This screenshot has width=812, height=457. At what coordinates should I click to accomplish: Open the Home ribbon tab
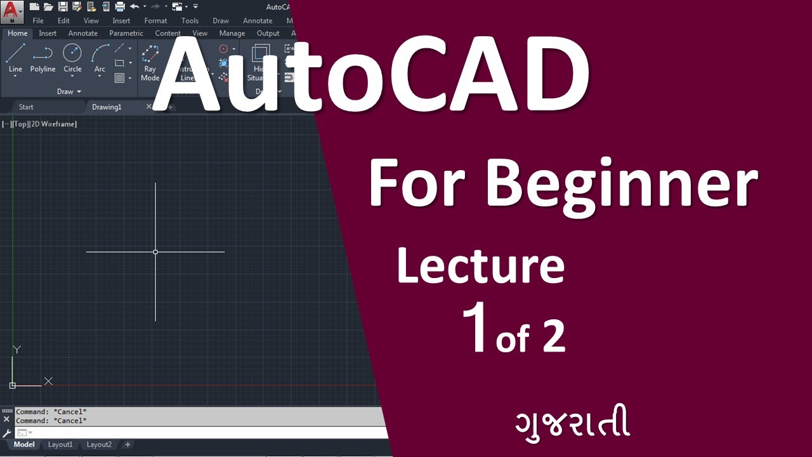tap(17, 33)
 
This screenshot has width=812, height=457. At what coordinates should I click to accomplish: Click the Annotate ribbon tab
tap(83, 33)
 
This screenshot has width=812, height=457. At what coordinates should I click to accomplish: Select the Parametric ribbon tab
tap(126, 33)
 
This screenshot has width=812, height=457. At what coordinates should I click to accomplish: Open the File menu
tap(38, 20)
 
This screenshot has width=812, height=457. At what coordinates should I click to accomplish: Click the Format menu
tap(155, 20)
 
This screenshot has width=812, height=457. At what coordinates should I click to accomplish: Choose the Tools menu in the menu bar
tap(190, 20)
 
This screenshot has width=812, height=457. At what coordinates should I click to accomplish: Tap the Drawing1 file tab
tap(107, 107)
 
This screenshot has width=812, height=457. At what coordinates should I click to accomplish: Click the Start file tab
tap(26, 107)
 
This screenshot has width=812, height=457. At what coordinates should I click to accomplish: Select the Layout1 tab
tap(60, 444)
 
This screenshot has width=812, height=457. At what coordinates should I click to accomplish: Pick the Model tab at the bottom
tap(24, 444)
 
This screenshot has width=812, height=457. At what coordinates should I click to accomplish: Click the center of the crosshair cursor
tap(155, 252)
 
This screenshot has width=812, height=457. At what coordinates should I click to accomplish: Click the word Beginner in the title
tap(622, 184)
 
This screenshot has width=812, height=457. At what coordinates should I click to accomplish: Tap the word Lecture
tap(480, 267)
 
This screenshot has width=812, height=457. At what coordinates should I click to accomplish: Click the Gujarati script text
tap(572, 424)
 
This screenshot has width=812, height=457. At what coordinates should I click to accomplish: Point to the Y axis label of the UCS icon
tap(17, 349)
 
